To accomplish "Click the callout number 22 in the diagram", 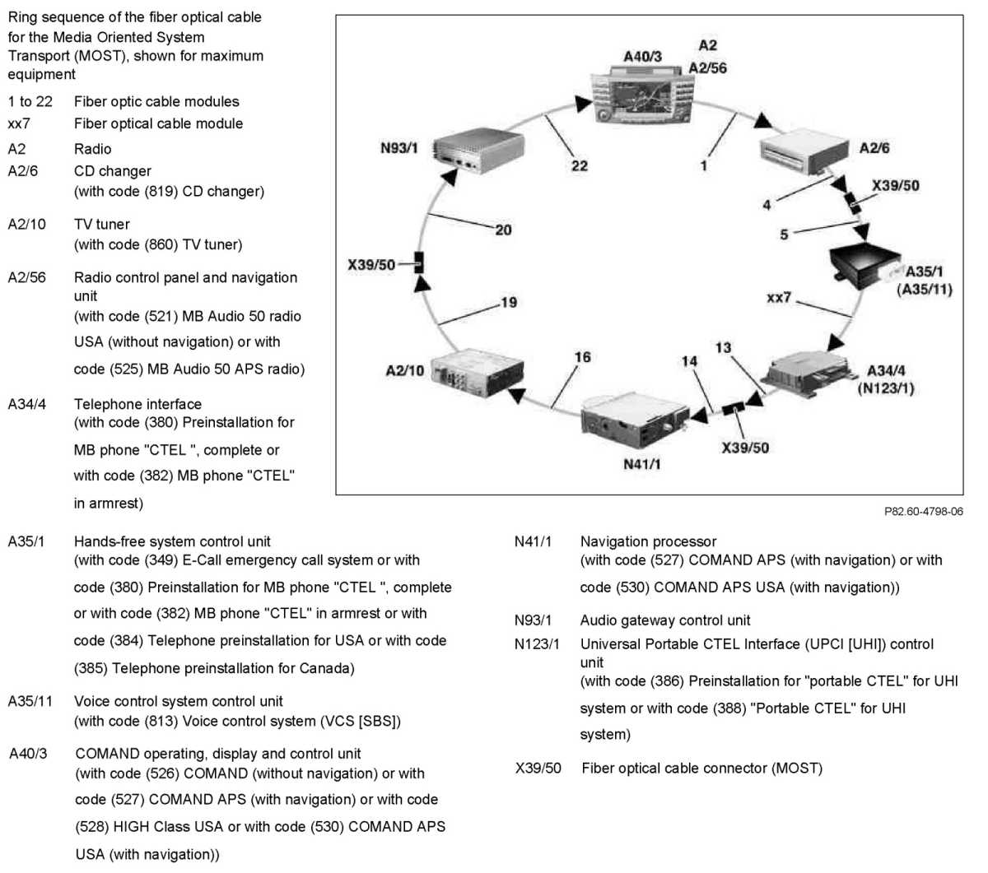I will [580, 165].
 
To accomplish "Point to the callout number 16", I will [582, 357].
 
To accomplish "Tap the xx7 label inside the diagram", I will [778, 297].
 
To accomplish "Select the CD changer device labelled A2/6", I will [803, 153].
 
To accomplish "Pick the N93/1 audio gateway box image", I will [477, 153].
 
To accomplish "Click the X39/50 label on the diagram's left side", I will [371, 265].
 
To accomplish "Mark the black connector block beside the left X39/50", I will [419, 262].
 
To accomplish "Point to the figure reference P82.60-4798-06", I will [923, 511].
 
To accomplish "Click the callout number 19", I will [509, 302].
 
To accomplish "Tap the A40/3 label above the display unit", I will [642, 57].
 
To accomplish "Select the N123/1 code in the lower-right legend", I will [536, 643].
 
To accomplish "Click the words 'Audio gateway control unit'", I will [664, 620].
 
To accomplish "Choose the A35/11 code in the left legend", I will [30, 701].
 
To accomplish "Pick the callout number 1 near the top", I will [704, 165].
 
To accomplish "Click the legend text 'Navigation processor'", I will [648, 541].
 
